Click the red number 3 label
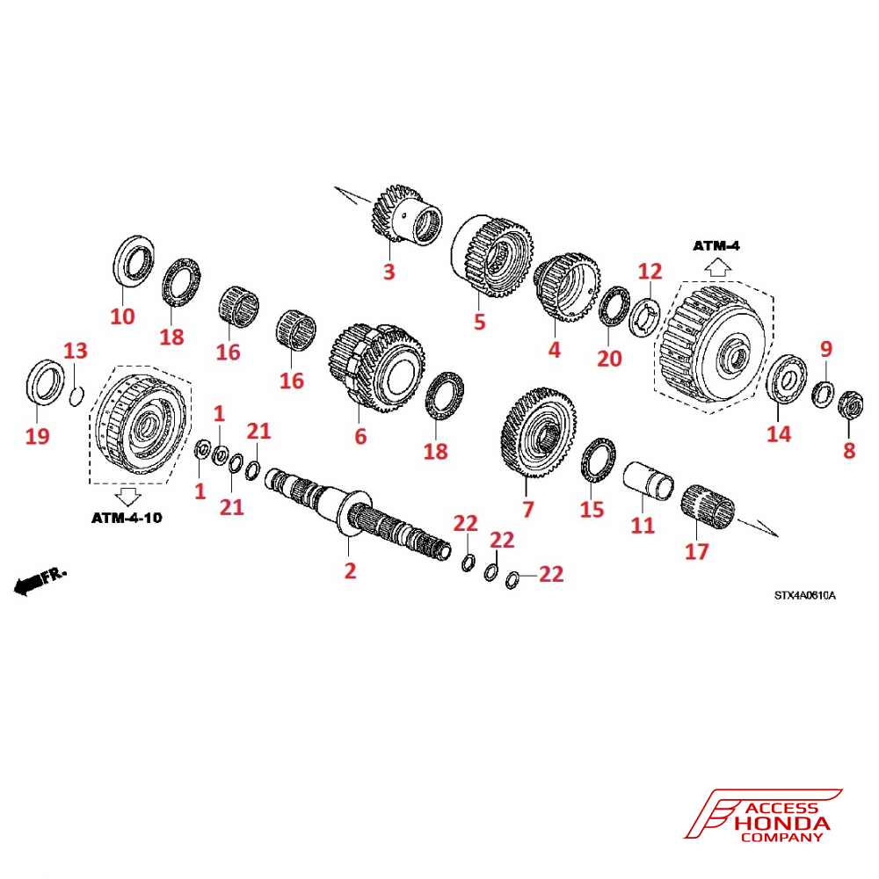[389, 272]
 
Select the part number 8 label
[848, 451]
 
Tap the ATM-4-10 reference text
[127, 518]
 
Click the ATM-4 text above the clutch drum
[716, 245]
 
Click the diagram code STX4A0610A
[804, 595]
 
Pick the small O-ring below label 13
[76, 397]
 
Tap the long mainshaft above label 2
[360, 514]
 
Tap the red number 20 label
[609, 358]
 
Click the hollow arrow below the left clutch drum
[128, 494]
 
